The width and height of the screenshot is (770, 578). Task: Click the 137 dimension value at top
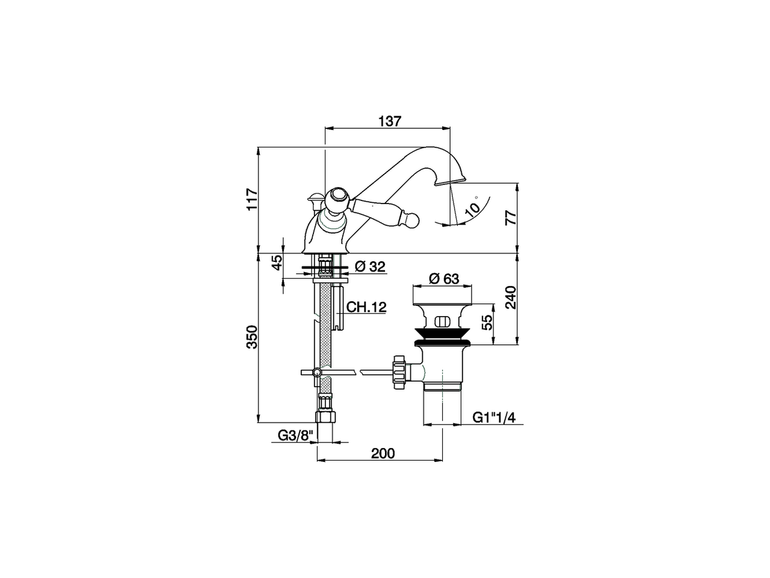coord(389,120)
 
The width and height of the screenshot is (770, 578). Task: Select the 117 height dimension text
coord(252,199)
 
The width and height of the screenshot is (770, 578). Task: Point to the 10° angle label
coord(473,207)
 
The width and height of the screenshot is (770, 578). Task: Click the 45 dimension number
coord(277,263)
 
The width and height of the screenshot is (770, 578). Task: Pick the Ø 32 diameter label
coord(370,266)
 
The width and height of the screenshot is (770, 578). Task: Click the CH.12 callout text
coord(366,307)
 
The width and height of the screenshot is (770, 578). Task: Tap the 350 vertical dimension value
coord(252,337)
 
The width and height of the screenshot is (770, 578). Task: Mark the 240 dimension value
coord(511,297)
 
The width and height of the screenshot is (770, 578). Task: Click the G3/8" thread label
coord(295,435)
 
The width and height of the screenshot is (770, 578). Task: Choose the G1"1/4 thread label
coord(494,417)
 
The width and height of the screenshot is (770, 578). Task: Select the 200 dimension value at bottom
coord(383,453)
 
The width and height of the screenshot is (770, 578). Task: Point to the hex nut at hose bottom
coord(325,417)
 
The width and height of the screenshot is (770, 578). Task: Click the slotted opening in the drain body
coord(443,321)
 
